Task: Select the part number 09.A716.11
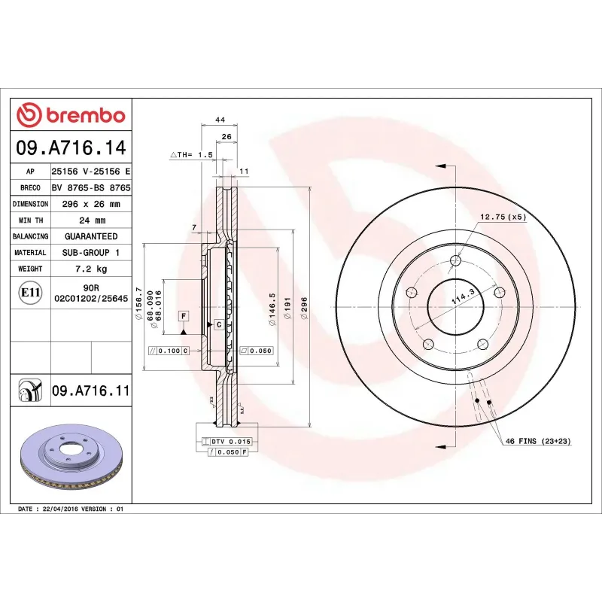(x=90, y=391)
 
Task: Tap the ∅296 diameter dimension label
(x=305, y=309)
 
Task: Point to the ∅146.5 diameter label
(x=272, y=309)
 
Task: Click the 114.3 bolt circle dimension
(x=457, y=296)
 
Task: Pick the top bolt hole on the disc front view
(x=455, y=261)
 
